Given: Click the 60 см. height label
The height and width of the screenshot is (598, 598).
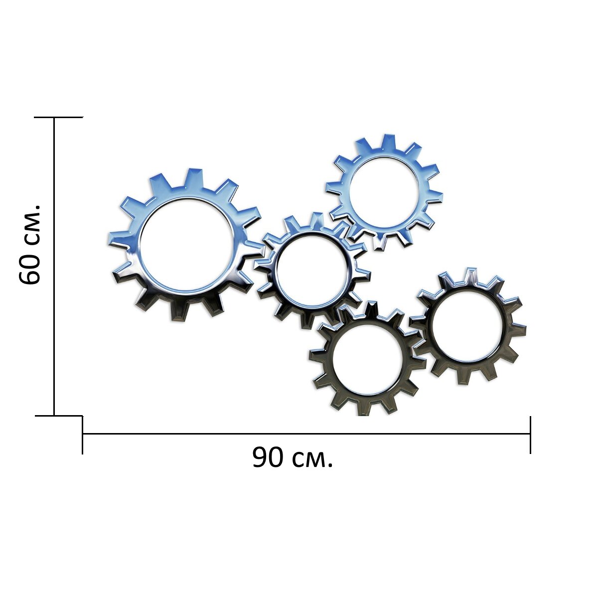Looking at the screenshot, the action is (x=29, y=244).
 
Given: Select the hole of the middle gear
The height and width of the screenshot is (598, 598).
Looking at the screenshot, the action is (x=312, y=267).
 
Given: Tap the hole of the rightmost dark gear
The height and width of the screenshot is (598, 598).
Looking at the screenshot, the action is (x=466, y=324).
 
